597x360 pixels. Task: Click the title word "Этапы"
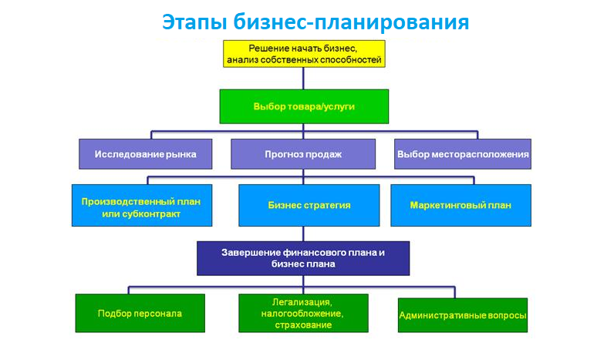(194, 22)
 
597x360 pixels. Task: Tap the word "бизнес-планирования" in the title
(351, 22)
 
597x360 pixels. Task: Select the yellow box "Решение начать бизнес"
(304, 54)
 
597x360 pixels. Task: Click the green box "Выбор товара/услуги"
(304, 106)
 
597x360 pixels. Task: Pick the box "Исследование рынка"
(146, 154)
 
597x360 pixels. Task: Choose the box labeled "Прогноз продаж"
(303, 154)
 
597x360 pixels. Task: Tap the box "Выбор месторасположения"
(463, 154)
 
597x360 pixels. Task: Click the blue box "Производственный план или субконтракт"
(142, 206)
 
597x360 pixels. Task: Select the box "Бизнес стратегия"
(309, 206)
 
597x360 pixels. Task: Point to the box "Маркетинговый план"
(460, 206)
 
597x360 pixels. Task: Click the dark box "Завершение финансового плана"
(303, 258)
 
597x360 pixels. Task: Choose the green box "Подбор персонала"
(140, 313)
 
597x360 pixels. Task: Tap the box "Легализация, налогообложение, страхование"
(303, 313)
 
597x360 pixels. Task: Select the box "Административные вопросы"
(463, 315)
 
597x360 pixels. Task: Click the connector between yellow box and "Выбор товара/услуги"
(303, 79)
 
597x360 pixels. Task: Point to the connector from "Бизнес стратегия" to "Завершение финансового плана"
(303, 234)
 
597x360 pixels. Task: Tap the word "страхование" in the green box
(303, 325)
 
